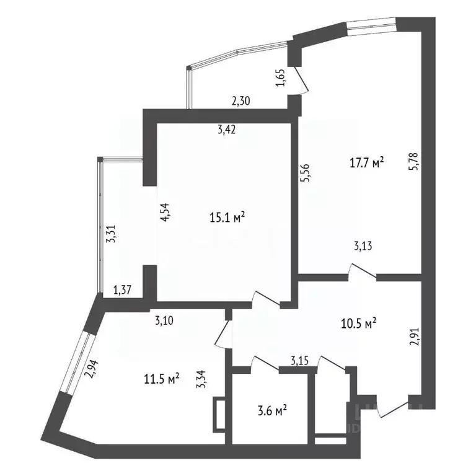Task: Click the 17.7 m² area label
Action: pyautogui.click(x=368, y=163)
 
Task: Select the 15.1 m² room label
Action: pyautogui.click(x=227, y=218)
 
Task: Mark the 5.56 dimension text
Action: pyautogui.click(x=304, y=171)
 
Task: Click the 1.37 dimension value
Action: pyautogui.click(x=122, y=289)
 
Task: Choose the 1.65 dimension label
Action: pyautogui.click(x=279, y=80)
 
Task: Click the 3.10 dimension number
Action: pyautogui.click(x=165, y=320)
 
